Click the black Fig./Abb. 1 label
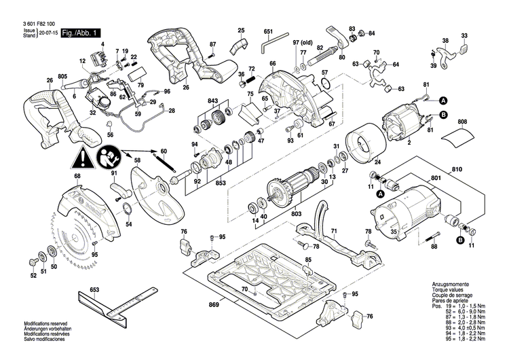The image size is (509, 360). pyautogui.click(x=80, y=33)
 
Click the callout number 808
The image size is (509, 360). pyautogui.click(x=463, y=123)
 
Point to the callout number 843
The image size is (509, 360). pyautogui.click(x=213, y=101)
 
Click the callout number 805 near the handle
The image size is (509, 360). pyautogui.click(x=62, y=75)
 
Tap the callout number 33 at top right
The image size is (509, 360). pyautogui.click(x=464, y=35)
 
